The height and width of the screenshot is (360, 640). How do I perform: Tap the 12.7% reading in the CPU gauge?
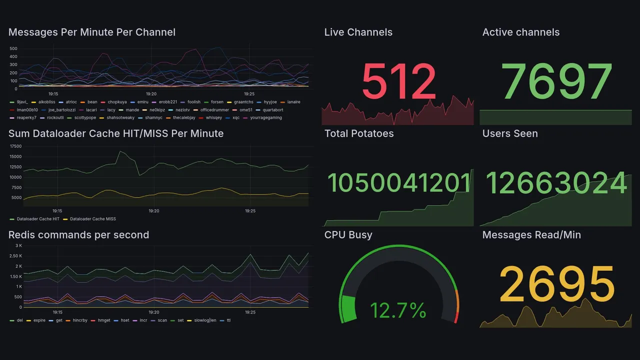coord(398,310)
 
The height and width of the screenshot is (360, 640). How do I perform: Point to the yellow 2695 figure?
coord(556,284)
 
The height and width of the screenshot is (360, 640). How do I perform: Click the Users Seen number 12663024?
coord(556,183)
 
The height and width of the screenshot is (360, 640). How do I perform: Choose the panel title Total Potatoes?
coord(359,133)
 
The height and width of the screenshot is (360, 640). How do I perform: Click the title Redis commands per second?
coord(78,235)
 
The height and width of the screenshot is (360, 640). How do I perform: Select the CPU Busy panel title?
coord(348,235)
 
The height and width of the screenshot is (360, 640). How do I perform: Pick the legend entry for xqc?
coord(235,118)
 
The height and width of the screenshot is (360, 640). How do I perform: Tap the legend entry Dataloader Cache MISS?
coord(92,219)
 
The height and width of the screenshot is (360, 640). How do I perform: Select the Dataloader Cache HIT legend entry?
coord(38,219)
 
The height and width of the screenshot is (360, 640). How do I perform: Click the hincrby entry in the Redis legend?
coord(80,320)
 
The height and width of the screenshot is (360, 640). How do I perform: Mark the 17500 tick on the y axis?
coord(15,146)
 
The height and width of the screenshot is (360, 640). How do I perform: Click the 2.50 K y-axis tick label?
coord(15,256)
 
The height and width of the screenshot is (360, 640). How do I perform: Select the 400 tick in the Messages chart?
coord(13,56)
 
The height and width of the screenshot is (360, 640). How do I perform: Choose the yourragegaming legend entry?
coord(265,118)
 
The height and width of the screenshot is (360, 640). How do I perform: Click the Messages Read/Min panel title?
coord(531,235)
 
